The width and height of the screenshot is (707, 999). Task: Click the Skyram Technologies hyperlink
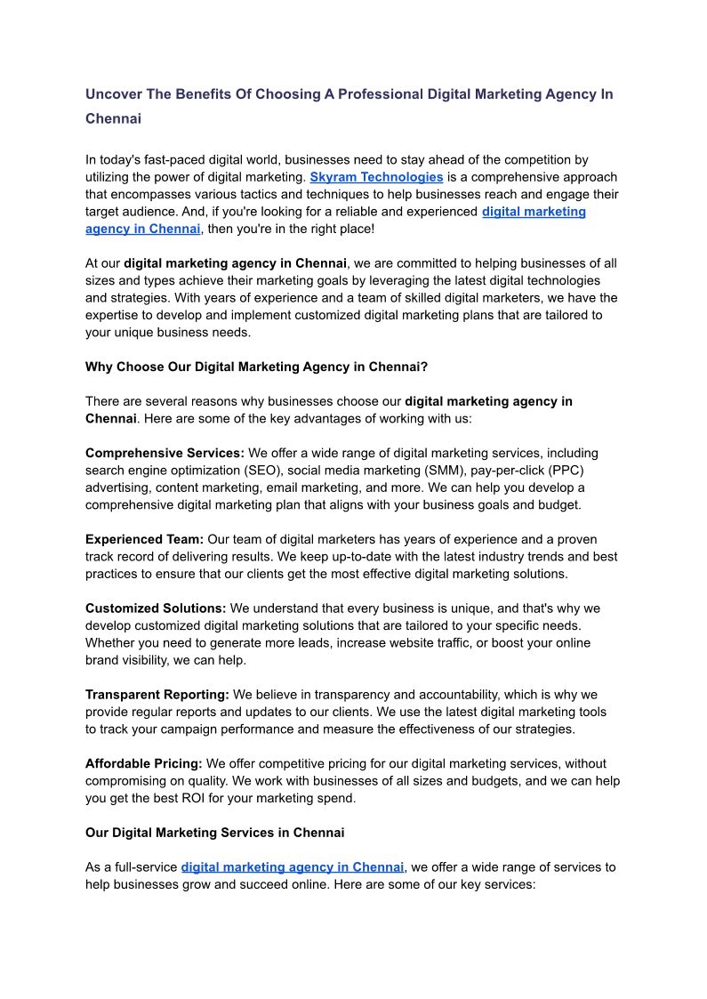click(x=376, y=177)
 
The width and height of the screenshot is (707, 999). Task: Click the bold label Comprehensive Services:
click(x=165, y=453)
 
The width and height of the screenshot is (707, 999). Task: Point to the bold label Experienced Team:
click(x=144, y=539)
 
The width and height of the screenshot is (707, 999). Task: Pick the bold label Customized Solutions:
click(x=156, y=608)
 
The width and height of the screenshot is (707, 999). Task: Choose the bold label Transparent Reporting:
click(x=157, y=694)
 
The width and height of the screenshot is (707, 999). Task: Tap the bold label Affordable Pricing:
click(x=144, y=763)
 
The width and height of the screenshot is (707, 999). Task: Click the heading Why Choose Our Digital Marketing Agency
click(x=257, y=366)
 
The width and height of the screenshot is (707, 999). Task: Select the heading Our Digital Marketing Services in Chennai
click(x=214, y=833)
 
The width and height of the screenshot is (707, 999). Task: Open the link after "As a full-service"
click(x=293, y=866)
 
